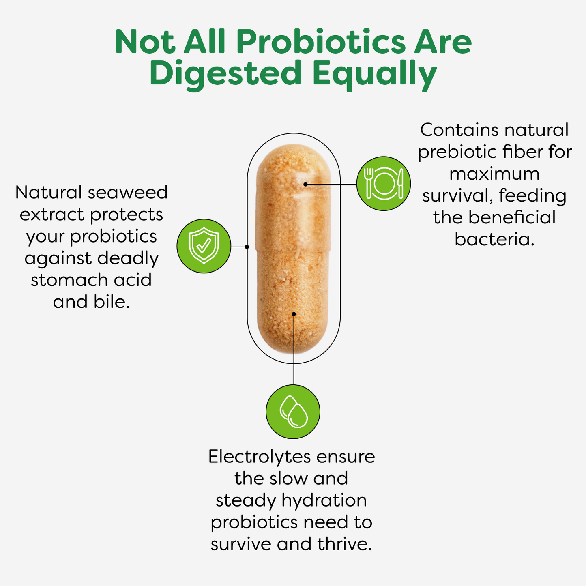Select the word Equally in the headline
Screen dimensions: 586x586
[375, 76]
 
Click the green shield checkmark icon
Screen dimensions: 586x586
[204, 246]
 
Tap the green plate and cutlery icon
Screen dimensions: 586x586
[384, 184]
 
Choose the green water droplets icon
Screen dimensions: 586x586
[293, 412]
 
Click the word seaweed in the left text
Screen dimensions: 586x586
[128, 193]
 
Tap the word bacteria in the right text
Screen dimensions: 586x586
[494, 239]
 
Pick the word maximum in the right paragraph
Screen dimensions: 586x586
[494, 174]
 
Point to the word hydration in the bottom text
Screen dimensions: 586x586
[324, 500]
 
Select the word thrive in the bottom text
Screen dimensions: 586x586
[345, 544]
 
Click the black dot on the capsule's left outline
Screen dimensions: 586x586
[247, 247]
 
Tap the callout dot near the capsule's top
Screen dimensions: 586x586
[305, 184]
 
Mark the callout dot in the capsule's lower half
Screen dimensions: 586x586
[294, 314]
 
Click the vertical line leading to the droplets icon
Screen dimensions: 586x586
[294, 350]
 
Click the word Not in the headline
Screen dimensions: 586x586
[145, 42]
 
